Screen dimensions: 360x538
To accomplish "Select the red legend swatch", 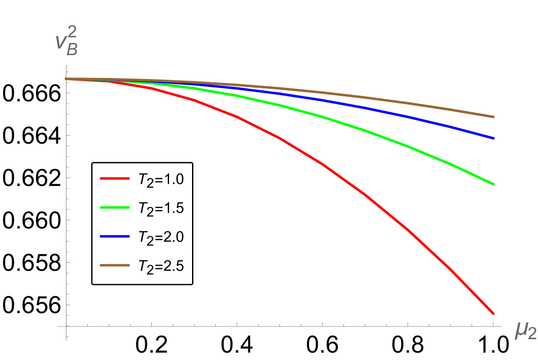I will [x=114, y=178].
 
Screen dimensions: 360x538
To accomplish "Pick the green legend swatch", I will [x=114, y=207].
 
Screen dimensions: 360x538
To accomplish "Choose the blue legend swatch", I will [x=114, y=236].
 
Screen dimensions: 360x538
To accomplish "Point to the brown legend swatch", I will [x=114, y=265].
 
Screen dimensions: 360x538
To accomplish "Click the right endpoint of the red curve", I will [x=493, y=313].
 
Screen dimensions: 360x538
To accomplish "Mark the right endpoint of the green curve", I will [x=493, y=184].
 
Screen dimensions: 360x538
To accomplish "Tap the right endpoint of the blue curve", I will [x=493, y=138].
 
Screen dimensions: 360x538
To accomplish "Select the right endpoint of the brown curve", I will [x=493, y=117].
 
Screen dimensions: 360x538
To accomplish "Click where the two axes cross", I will [x=66, y=326].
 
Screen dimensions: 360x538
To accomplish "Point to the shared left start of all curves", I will [x=67, y=79].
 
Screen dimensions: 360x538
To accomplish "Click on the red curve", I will [x=322, y=164].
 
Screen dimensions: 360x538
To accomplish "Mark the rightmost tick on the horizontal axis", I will [x=493, y=324].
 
